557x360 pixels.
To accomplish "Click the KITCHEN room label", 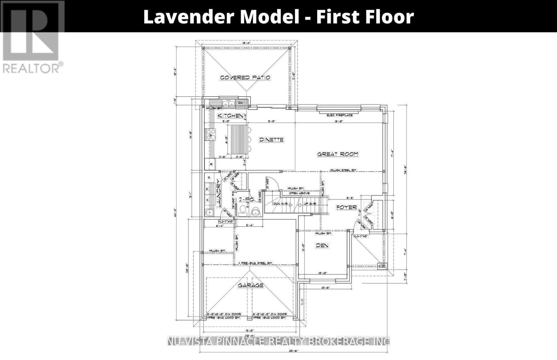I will click(x=230, y=115).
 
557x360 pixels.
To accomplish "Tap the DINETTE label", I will click(x=271, y=140).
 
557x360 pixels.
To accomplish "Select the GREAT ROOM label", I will click(x=337, y=154).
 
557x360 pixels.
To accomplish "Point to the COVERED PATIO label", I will click(x=245, y=78).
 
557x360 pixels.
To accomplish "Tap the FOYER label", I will click(x=346, y=207).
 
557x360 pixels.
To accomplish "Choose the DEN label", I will click(x=322, y=245).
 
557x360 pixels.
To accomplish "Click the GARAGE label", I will click(x=250, y=286).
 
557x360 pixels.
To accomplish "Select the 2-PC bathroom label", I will click(x=245, y=200).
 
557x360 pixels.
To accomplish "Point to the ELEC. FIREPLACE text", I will click(x=339, y=115).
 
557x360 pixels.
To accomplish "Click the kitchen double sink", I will click(x=227, y=103).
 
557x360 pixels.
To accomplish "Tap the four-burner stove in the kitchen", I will click(x=211, y=134).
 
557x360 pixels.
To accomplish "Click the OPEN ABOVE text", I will click(x=299, y=193).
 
